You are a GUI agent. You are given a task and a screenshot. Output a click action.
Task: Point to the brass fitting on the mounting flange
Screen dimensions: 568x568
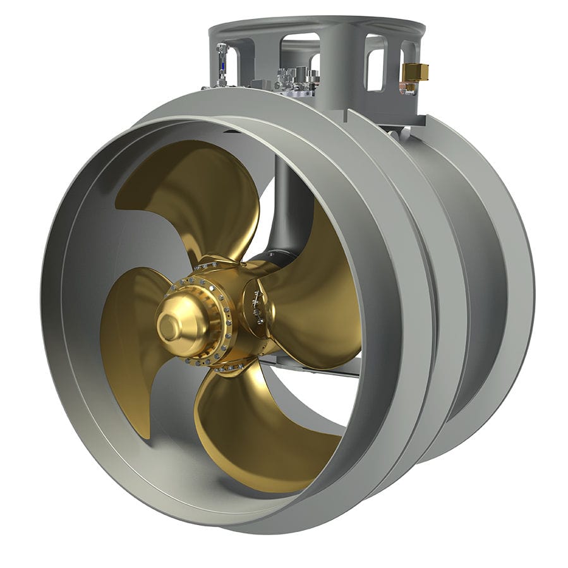click(415, 73)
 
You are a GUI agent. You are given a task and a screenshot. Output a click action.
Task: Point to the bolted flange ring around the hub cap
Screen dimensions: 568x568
click(208, 322)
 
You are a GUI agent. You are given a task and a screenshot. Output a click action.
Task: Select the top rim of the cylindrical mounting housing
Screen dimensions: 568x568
click(316, 25)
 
